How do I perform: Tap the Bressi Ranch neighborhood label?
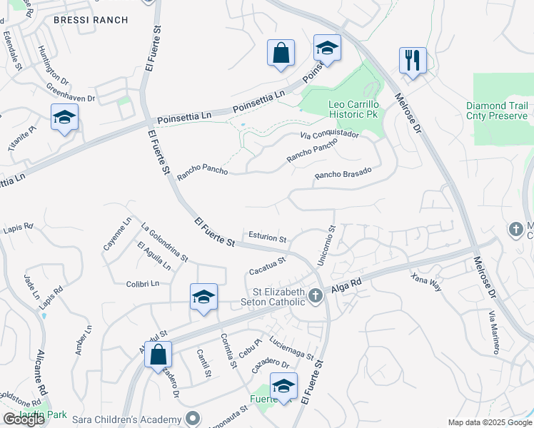click(x=91, y=21)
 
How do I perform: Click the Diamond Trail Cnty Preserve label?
click(x=497, y=111)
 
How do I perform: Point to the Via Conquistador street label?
click(x=329, y=134)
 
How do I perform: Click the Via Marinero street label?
click(x=493, y=332)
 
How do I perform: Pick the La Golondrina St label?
click(x=164, y=243)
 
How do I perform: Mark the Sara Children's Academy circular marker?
click(x=191, y=418)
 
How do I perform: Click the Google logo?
click(x=24, y=419)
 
